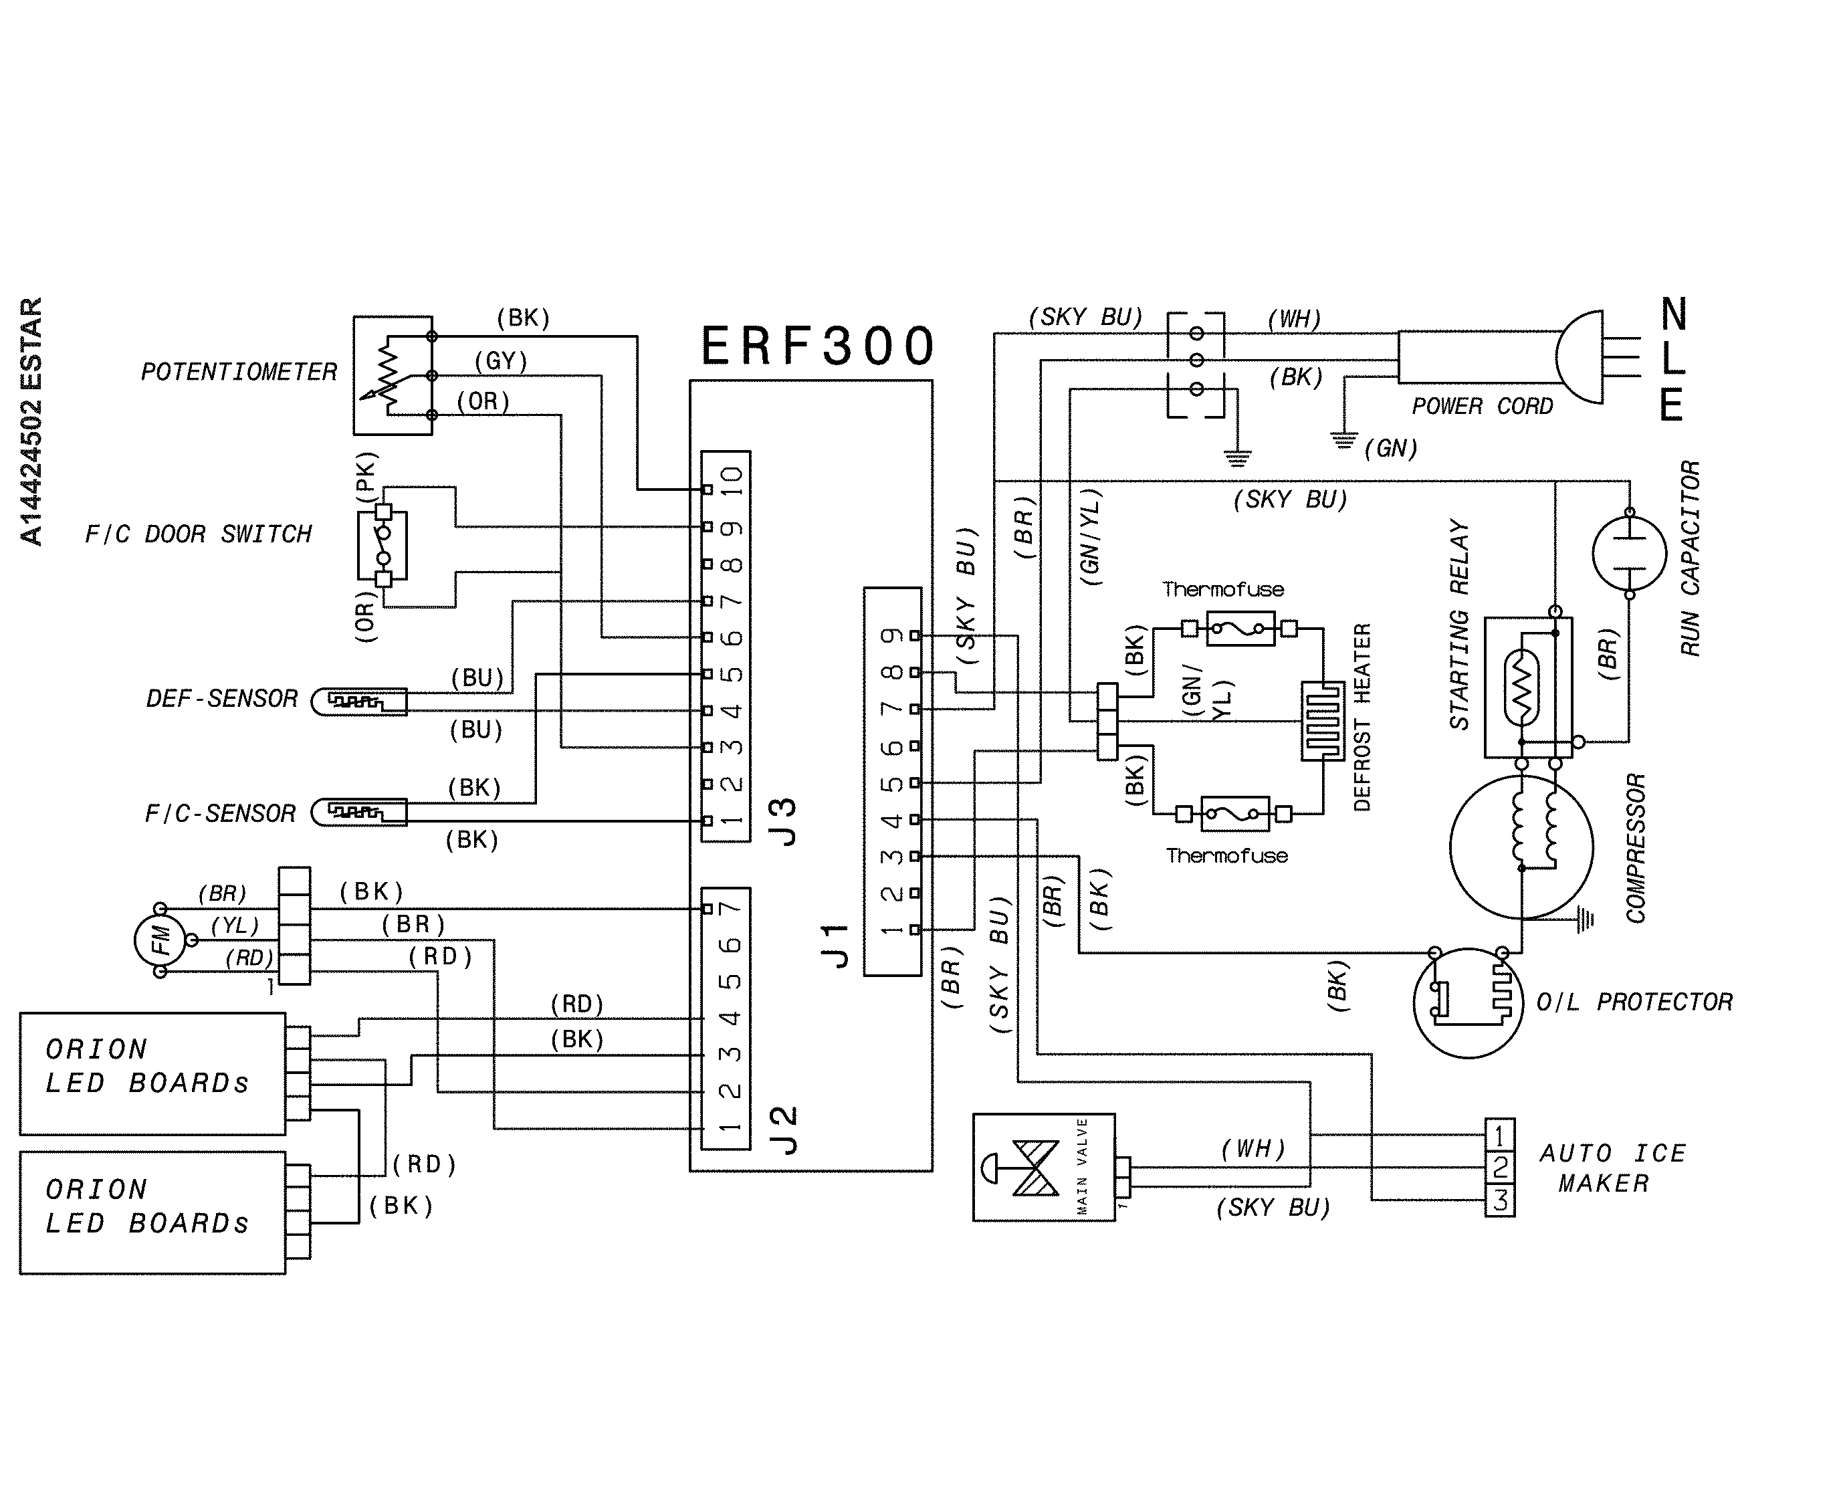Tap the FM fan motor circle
[x=160, y=940]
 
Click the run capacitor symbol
[x=1629, y=554]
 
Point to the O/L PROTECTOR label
[x=1634, y=1003]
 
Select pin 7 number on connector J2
[x=732, y=907]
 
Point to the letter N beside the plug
[x=1673, y=314]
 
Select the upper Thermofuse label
[x=1223, y=590]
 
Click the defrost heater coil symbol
[x=1322, y=721]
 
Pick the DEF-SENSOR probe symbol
[x=359, y=701]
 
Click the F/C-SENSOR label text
[x=220, y=814]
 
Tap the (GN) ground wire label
[x=1390, y=449]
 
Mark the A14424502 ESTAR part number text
[x=31, y=421]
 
